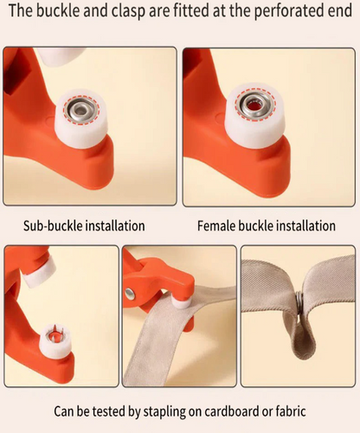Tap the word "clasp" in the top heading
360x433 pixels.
click(128, 11)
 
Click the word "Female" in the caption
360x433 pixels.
click(216, 226)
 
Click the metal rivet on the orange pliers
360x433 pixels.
click(131, 294)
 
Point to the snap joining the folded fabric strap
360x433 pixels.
click(299, 304)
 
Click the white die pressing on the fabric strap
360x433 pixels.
click(181, 303)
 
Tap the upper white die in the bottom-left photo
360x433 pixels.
click(40, 275)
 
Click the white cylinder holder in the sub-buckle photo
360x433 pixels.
click(81, 119)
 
